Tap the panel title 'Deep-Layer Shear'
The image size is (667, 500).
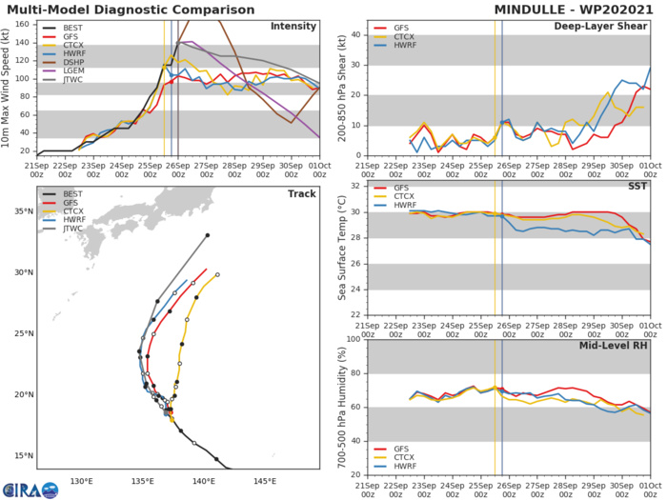tap(609, 27)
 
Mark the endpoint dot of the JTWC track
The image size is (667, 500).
tap(208, 234)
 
